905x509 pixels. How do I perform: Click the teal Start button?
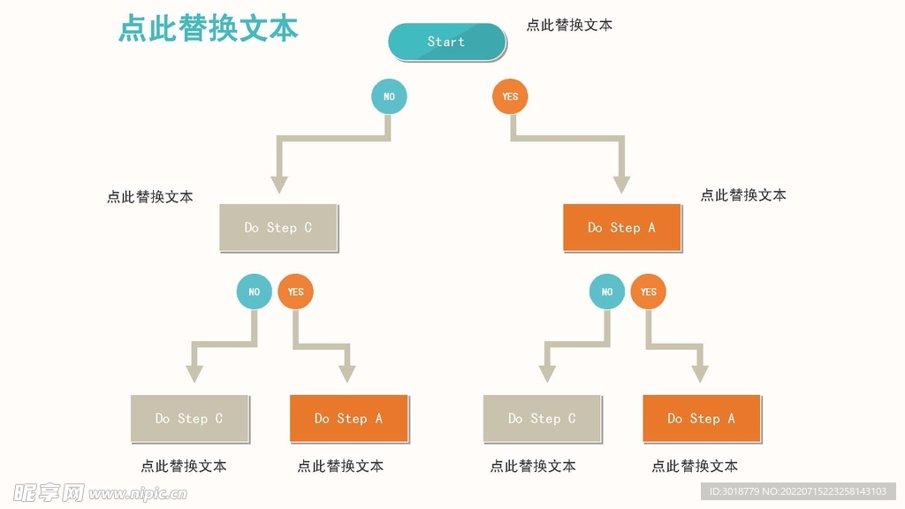[446, 42]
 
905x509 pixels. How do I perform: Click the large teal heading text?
[209, 28]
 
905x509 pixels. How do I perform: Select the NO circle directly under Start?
[389, 96]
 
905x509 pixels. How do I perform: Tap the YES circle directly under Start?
[510, 96]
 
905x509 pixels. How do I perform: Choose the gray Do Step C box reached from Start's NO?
[278, 228]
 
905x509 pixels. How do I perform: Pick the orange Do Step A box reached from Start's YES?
[622, 228]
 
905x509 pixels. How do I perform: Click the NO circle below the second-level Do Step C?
[255, 292]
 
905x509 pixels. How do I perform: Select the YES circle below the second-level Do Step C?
[296, 292]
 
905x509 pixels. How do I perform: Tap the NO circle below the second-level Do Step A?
[607, 292]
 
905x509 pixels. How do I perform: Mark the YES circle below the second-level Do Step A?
[649, 292]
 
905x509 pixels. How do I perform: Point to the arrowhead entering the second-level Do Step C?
[279, 185]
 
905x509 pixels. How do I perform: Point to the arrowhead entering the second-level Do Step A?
[622, 185]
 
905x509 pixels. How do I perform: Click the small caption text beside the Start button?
[569, 26]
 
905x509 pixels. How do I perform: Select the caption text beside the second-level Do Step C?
[150, 197]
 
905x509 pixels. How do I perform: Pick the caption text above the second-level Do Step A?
[743, 195]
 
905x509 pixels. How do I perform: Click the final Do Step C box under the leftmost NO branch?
[189, 419]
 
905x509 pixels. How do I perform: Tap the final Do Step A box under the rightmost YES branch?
[702, 419]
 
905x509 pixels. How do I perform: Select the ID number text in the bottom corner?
[798, 491]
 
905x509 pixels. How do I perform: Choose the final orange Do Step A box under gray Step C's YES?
[349, 419]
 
